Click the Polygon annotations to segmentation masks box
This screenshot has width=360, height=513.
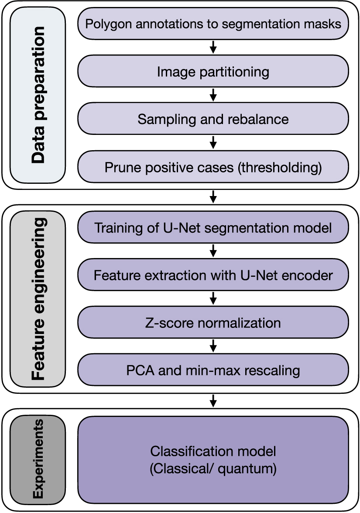tap(213, 24)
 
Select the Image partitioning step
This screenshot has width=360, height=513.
tap(213, 71)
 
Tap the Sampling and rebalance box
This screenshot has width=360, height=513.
tap(213, 119)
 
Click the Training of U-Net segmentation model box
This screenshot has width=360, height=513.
tap(213, 228)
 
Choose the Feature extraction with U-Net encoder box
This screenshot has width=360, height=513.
tap(213, 275)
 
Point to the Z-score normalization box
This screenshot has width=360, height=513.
tap(213, 323)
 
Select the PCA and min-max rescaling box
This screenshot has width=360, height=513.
tap(213, 371)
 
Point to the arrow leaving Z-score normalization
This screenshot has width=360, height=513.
tap(213, 347)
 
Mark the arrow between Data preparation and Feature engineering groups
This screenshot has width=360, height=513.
tap(213, 197)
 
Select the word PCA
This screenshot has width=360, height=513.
tap(138, 371)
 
